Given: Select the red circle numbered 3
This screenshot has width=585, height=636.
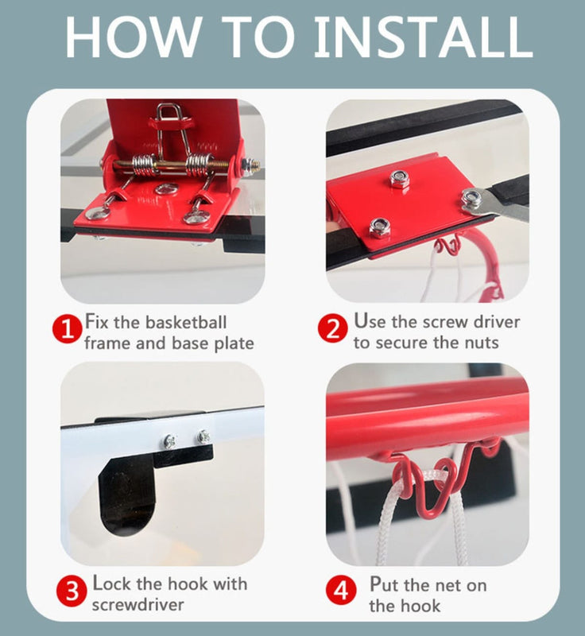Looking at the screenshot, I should [x=71, y=592].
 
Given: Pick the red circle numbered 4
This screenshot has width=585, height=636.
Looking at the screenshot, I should [x=341, y=592].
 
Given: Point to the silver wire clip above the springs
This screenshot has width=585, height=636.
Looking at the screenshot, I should [x=169, y=119].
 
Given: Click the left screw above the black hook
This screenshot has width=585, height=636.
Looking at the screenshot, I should [x=170, y=440].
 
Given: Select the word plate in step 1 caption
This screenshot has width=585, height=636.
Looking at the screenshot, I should [x=231, y=343].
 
